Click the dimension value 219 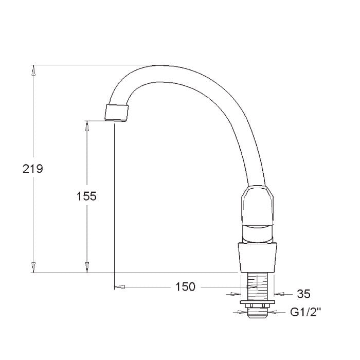tap(32, 169)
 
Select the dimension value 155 tap(86, 196)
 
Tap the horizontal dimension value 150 tap(185, 287)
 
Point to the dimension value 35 tap(303, 294)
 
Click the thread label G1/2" tap(305, 312)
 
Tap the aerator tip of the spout tap(116, 113)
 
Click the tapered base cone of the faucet tap(257, 258)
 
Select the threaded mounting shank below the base tap(257, 286)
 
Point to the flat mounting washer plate tap(257, 302)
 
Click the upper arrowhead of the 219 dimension tap(33, 70)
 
